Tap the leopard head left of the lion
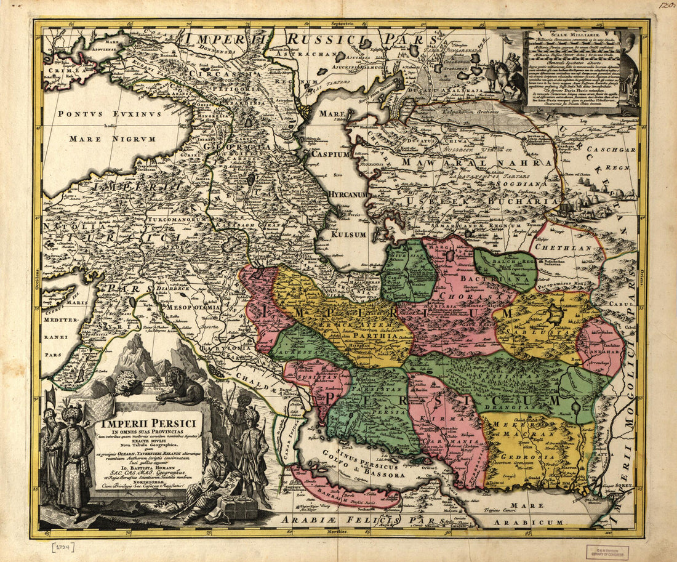click(127, 383)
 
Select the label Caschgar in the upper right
click(609, 150)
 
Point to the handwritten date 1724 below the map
click(60, 547)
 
